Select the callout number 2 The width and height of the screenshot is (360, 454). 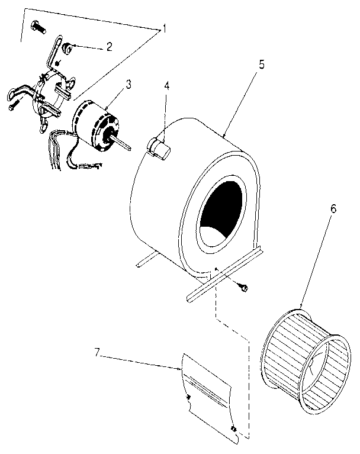tap(109, 47)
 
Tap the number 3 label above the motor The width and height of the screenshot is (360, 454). tap(128, 84)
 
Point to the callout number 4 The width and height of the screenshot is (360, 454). tap(168, 85)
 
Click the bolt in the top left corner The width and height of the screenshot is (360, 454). tap(37, 27)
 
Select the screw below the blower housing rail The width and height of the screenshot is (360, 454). tap(242, 287)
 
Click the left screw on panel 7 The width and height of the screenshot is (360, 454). tap(189, 396)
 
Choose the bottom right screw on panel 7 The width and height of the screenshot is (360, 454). tap(234, 427)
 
